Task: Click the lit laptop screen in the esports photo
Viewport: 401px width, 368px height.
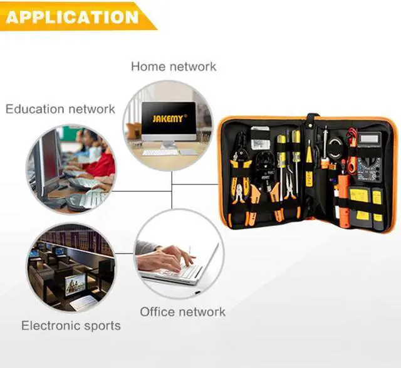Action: coord(75,284)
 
